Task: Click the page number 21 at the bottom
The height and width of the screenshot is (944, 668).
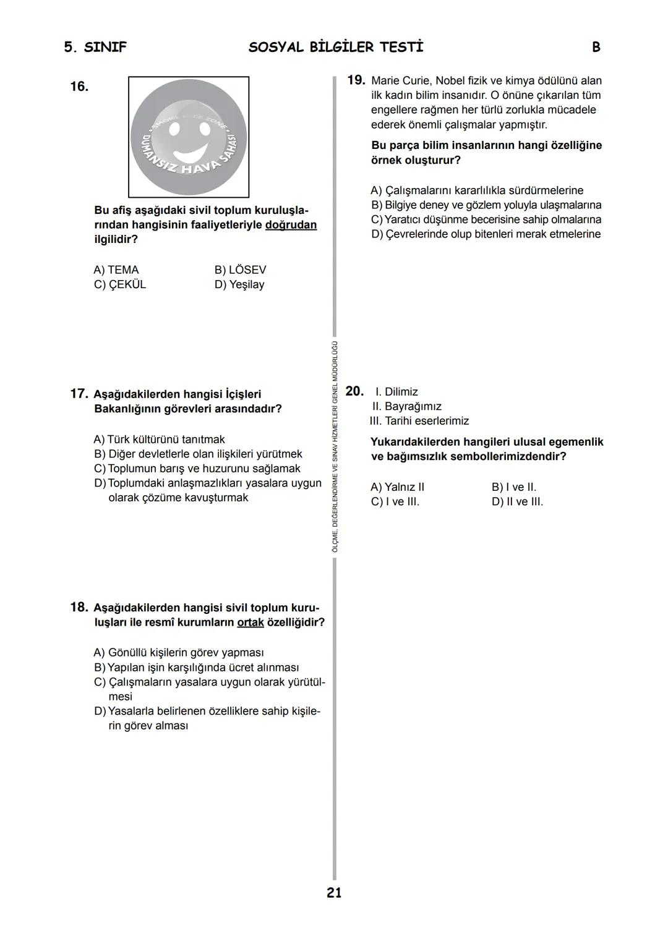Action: tap(334, 892)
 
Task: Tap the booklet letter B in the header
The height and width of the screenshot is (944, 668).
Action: tap(596, 48)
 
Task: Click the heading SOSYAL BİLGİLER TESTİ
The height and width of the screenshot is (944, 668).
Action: tap(336, 48)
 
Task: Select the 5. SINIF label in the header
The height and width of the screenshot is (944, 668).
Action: tap(95, 48)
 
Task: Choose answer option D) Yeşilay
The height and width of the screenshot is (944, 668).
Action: tap(239, 284)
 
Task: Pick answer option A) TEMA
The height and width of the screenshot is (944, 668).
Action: tap(116, 270)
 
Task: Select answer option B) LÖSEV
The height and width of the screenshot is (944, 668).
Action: tap(240, 270)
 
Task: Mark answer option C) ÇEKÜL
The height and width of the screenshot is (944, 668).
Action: tap(120, 284)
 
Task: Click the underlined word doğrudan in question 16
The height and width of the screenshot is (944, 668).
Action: tap(291, 225)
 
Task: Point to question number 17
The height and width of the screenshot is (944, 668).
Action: tap(79, 394)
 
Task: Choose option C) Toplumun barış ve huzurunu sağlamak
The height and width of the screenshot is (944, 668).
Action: tap(197, 469)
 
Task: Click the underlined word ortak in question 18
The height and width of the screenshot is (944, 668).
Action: tap(250, 622)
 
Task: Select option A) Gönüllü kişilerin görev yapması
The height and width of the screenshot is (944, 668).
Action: tap(179, 653)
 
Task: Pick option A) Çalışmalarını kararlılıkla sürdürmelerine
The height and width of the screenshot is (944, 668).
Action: tap(477, 190)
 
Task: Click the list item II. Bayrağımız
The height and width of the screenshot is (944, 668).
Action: tap(406, 406)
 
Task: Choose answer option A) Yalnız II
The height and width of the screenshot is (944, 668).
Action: tap(398, 487)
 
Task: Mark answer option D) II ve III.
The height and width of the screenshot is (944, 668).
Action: tap(517, 502)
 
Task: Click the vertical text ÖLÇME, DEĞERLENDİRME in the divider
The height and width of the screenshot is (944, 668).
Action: tap(335, 519)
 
